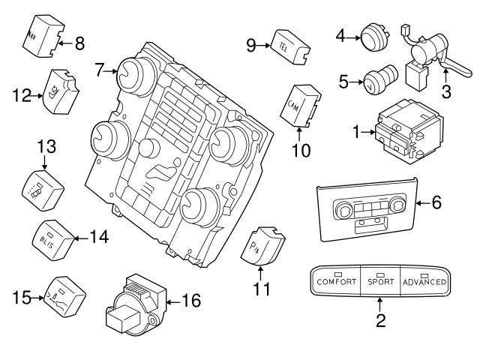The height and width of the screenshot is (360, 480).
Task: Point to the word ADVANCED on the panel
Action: point(424,282)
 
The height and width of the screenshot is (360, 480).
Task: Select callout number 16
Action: point(191,301)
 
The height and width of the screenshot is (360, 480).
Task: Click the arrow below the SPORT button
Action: point(379,304)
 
